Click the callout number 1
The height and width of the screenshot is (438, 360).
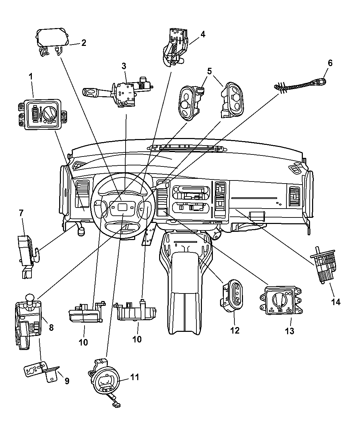[31, 77]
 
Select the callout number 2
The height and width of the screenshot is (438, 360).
[83, 43]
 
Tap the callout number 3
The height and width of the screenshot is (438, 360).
[124, 65]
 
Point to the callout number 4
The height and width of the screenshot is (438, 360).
[203, 34]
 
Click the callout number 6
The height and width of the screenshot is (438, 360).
[330, 63]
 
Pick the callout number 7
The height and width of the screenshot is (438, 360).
[21, 213]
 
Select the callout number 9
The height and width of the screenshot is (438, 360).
[67, 380]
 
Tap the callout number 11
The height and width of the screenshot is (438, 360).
[134, 377]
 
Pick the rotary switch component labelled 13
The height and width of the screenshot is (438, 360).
[281, 300]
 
